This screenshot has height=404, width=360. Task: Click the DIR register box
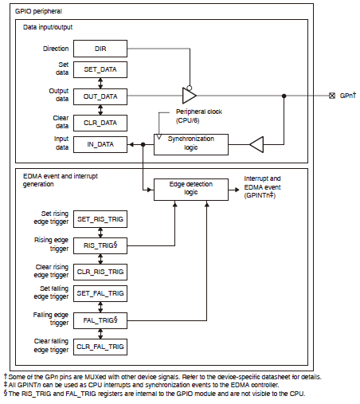(100, 49)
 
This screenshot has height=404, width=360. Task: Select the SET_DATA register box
(100, 70)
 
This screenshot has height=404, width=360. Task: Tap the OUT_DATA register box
(100, 96)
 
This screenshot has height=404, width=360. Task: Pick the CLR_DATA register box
(100, 122)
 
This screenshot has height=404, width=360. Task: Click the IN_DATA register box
(100, 144)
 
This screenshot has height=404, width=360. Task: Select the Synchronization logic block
(191, 144)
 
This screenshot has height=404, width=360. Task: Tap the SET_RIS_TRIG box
(100, 218)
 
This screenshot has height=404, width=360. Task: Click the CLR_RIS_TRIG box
(100, 271)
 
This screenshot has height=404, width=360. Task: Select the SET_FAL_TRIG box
(100, 293)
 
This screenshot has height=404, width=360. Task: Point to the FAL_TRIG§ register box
(100, 320)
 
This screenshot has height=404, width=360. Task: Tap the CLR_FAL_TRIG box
(100, 346)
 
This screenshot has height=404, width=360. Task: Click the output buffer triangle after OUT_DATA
(189, 96)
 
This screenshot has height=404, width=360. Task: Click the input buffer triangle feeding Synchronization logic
(256, 144)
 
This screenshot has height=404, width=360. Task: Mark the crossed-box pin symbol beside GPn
(332, 96)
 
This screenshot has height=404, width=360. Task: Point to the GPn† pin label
(346, 96)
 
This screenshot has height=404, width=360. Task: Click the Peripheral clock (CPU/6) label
(198, 116)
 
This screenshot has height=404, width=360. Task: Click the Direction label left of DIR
(55, 49)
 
